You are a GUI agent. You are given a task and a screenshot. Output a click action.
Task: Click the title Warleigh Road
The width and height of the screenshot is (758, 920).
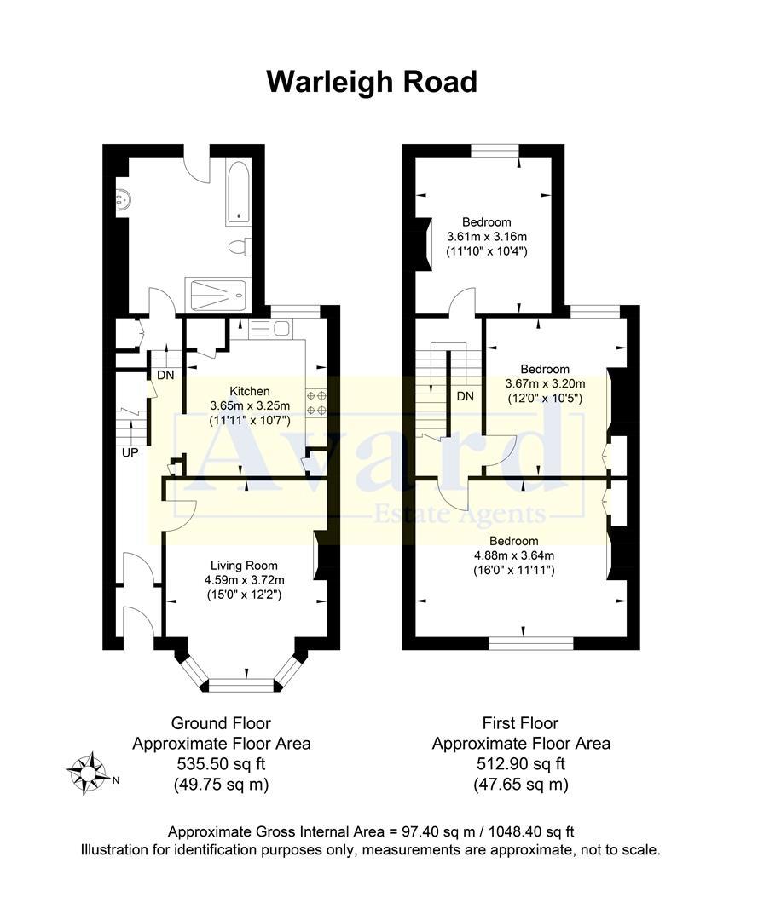pyautogui.click(x=372, y=83)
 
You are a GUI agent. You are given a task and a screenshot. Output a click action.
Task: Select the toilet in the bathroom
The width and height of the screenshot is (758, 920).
pyautogui.click(x=238, y=247)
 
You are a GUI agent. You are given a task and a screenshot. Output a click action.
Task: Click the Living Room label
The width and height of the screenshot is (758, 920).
pyautogui.click(x=244, y=565)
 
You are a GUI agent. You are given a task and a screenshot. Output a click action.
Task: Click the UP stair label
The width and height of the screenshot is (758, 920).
pyautogui.click(x=130, y=452)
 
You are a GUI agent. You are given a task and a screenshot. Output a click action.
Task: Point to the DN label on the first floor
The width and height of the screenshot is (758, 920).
pyautogui.click(x=465, y=396)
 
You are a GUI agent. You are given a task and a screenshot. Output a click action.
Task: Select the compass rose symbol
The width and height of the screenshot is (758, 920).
pyautogui.click(x=86, y=773)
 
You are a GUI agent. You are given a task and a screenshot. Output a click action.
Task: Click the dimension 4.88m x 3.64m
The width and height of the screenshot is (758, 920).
pyautogui.click(x=513, y=555)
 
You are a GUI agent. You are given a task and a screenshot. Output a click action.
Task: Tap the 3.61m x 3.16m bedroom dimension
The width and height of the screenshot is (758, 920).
pyautogui.click(x=487, y=236)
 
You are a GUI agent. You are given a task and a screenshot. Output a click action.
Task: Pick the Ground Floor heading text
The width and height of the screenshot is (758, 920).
pyautogui.click(x=221, y=722)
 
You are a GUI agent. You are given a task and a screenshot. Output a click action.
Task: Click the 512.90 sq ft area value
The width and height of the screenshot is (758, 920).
pyautogui.click(x=520, y=763)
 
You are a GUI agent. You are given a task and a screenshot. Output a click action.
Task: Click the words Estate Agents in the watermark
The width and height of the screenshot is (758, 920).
pyautogui.click(x=460, y=515)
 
